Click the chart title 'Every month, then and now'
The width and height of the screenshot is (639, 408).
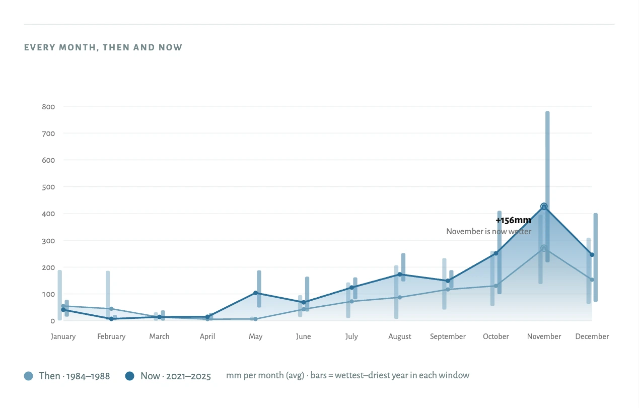coord(103,47)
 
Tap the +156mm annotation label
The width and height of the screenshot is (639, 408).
coord(513,220)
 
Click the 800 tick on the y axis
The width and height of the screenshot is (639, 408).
coord(48,107)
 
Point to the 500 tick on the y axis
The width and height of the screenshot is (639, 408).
coord(48,187)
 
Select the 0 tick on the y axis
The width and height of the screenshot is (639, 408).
coord(52,321)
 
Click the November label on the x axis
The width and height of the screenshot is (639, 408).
coord(544,336)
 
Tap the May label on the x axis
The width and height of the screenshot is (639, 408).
coord(256,336)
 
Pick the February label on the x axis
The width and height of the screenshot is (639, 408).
coord(111,336)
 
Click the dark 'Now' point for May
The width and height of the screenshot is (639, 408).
coord(256,293)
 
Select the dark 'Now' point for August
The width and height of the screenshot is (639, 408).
coord(400,275)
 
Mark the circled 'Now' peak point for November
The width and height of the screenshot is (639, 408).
coord(544,207)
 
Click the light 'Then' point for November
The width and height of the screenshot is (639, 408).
coord(544,248)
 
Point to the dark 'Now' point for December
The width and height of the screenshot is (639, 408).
coord(592,255)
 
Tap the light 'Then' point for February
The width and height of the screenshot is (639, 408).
coord(111,309)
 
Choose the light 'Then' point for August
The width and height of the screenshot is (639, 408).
coord(400,297)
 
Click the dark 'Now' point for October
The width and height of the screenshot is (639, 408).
coord(496,253)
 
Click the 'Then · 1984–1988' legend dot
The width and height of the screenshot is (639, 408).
coord(29,376)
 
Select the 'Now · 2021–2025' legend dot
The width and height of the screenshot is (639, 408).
coord(130,376)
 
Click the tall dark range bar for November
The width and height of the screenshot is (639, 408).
coord(547,186)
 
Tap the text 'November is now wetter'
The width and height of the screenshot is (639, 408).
coord(488,231)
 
